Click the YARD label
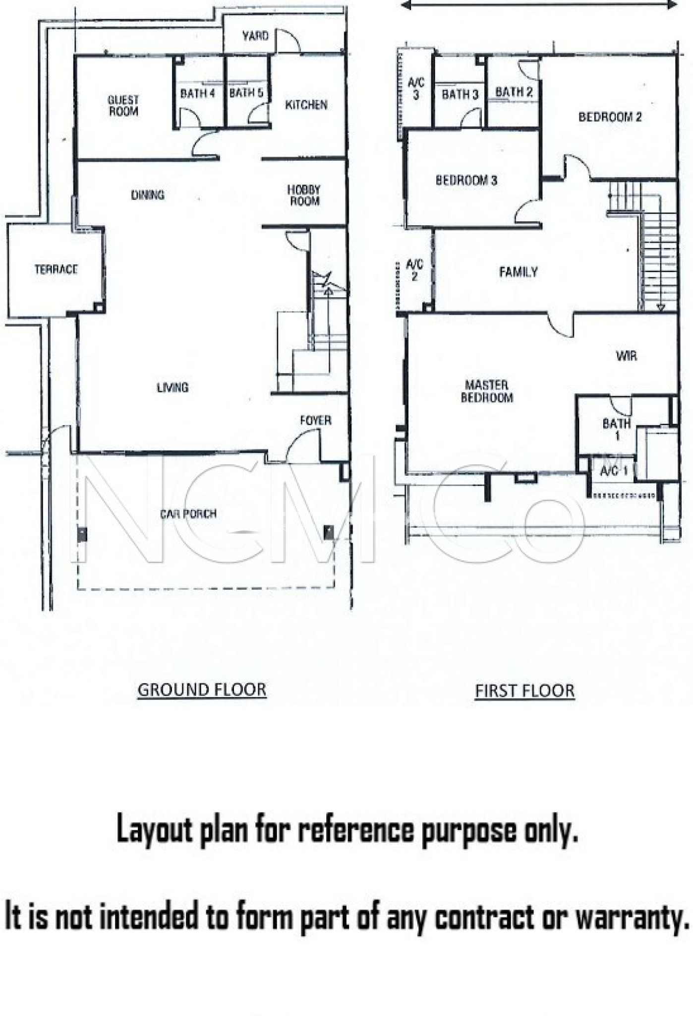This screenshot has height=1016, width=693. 255,36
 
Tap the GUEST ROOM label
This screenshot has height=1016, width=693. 123,106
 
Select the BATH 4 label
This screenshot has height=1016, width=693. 197,93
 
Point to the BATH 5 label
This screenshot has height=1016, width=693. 246,92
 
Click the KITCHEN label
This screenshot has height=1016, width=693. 306,105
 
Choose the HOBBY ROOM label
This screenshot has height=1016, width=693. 304,195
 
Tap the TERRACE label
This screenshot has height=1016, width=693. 56,269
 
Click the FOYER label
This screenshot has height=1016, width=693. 316,421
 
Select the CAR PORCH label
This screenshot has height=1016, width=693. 188,513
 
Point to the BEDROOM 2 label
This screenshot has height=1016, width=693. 610,117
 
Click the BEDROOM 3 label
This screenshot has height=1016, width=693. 466,180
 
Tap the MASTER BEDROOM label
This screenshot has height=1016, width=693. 487,391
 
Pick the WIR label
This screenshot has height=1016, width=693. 627,356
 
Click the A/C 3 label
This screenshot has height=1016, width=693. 416,89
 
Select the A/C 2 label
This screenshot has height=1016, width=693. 415,271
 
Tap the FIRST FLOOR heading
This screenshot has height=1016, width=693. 525,691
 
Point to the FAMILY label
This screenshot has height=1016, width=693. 518,272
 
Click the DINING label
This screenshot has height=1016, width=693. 148,195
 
